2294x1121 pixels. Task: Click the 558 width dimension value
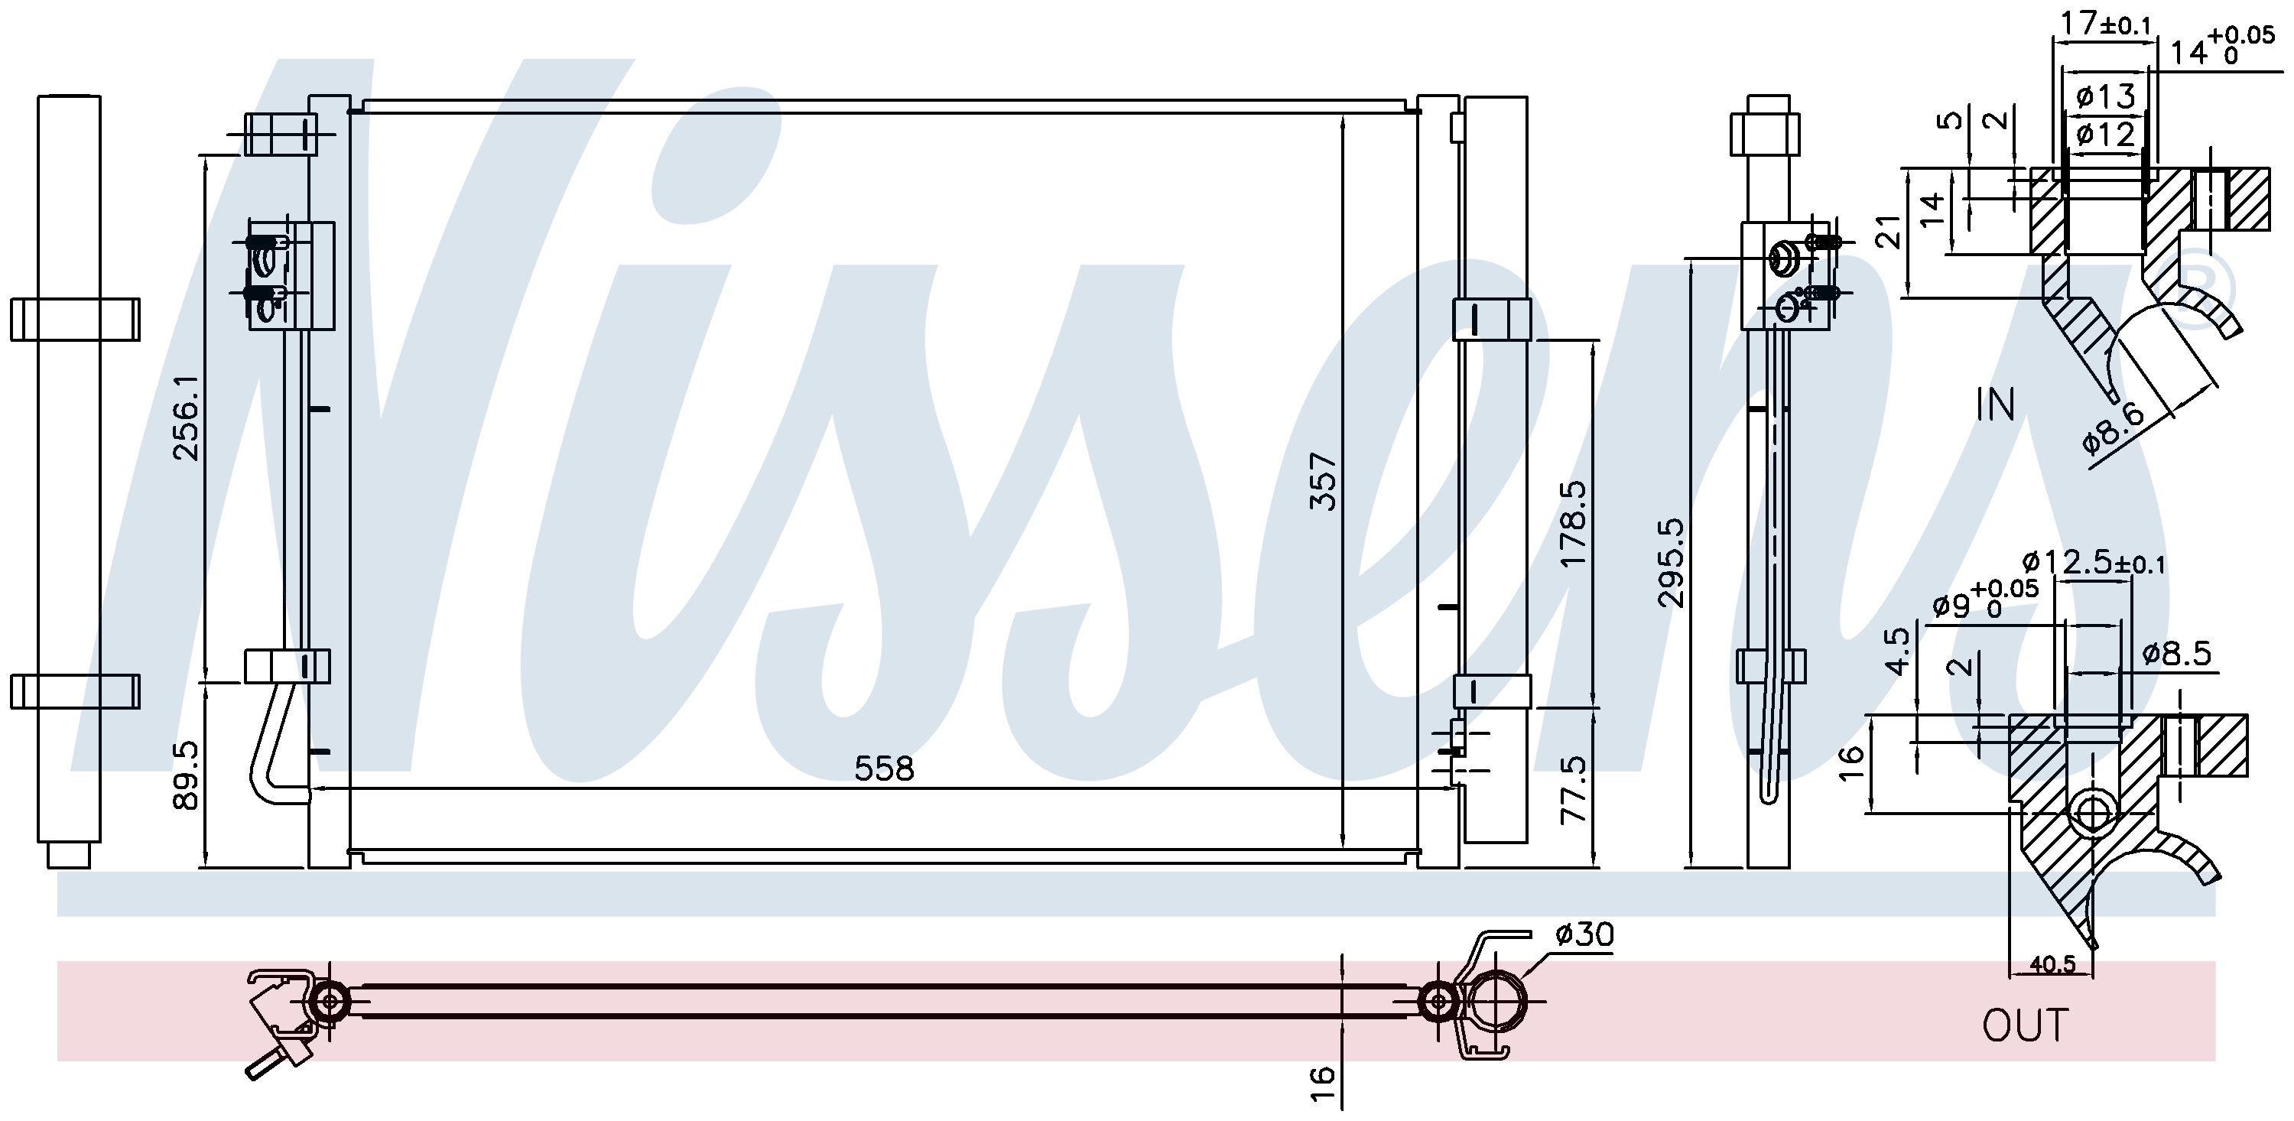coord(883,768)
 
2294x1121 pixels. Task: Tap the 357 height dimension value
coord(1324,482)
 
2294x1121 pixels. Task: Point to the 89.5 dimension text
coord(187,778)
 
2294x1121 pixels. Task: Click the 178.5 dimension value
coord(1574,524)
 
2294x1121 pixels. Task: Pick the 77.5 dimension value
coord(1574,790)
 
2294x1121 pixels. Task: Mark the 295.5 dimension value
coord(1672,563)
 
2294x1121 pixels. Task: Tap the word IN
coord(1996,405)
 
